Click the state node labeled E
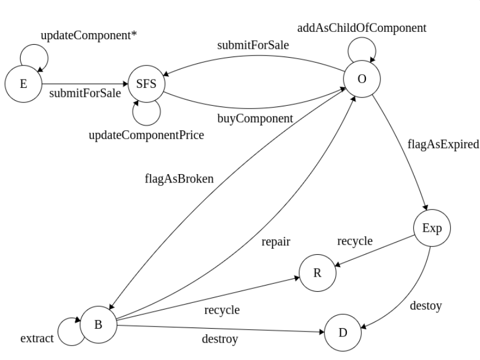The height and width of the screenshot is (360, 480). (23, 85)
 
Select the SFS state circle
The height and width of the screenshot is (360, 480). (145, 85)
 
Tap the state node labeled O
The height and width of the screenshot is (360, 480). (362, 78)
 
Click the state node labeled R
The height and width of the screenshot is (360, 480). (317, 273)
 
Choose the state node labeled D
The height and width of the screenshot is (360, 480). (342, 332)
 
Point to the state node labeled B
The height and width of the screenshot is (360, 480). (98, 324)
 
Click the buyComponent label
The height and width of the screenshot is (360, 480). (255, 118)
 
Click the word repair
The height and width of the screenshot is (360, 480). (275, 243)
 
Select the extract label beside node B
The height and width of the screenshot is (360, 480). (37, 338)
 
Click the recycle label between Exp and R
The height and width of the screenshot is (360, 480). (355, 241)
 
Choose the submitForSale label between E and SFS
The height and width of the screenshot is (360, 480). (84, 93)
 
